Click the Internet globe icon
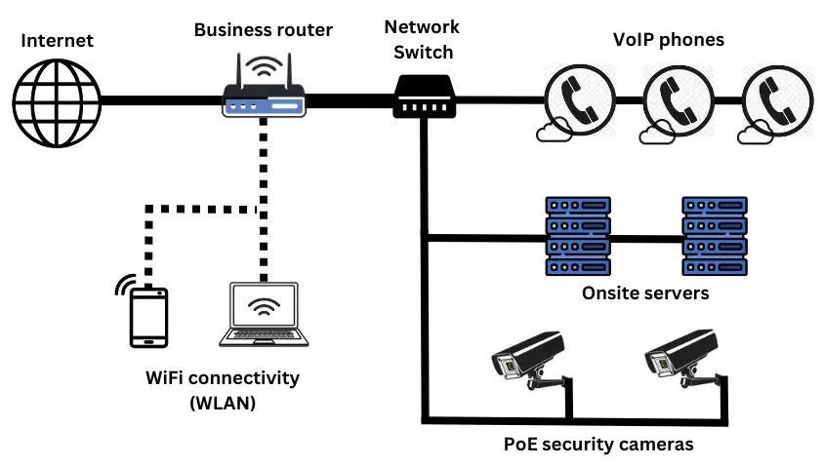56,100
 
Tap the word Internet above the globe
57,40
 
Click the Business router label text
263,29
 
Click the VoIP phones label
669,40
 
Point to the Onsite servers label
645,292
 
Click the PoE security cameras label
598,445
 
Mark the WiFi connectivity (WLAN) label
223,390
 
